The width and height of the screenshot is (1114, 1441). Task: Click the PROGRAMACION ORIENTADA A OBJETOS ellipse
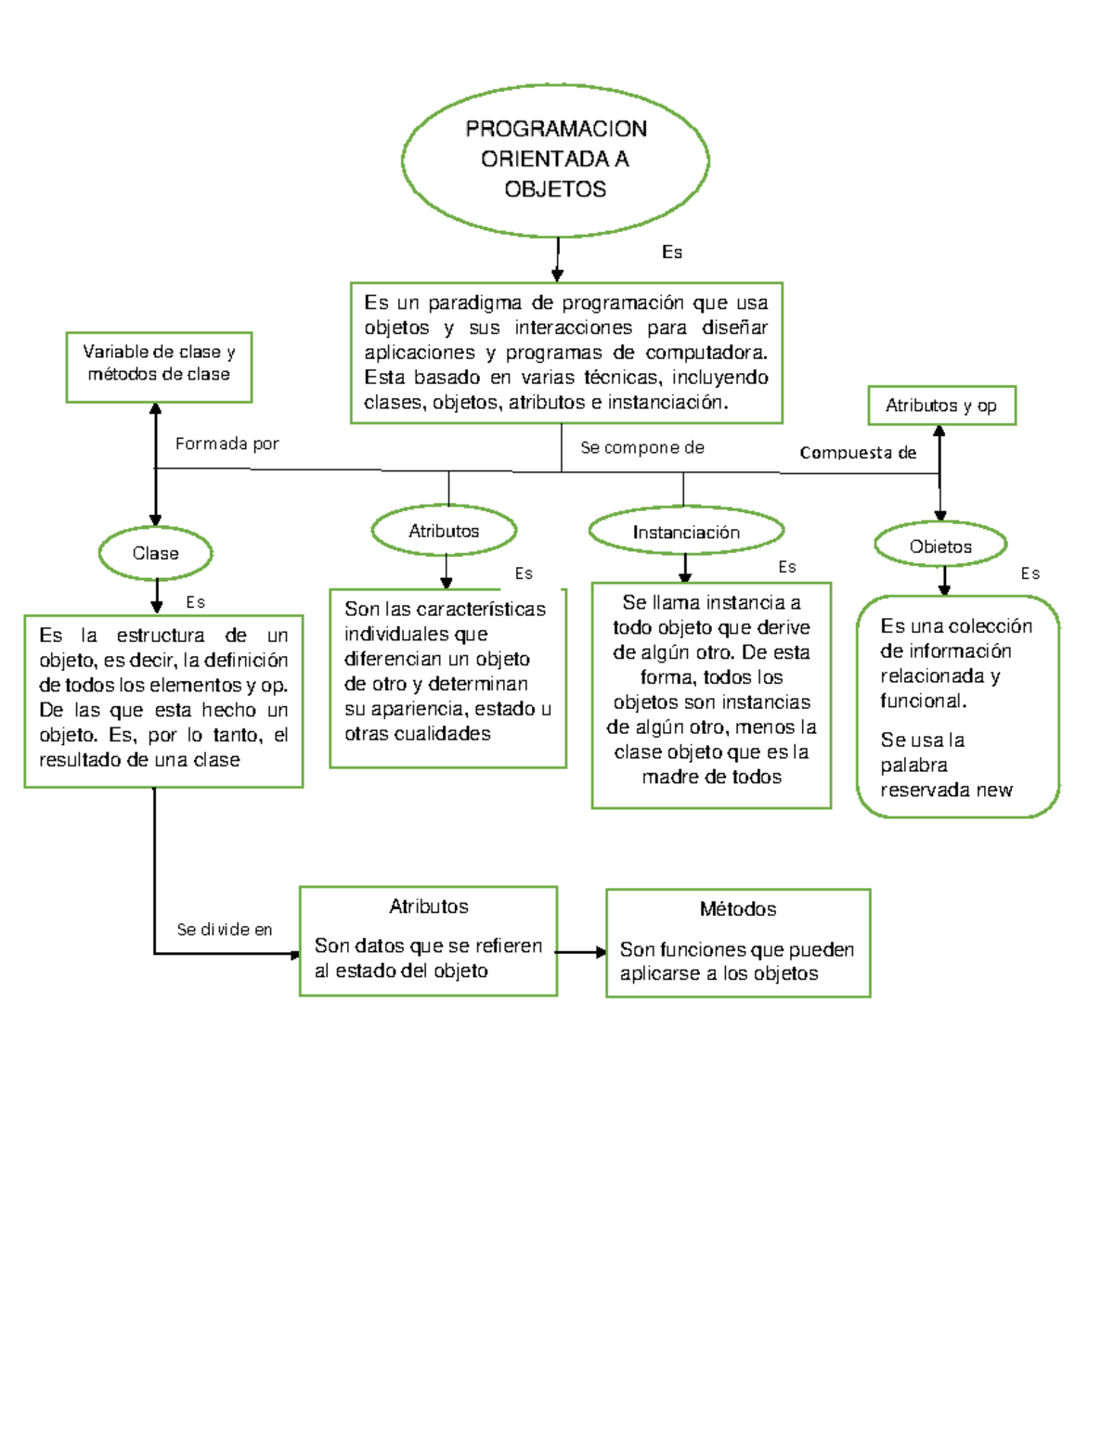coord(555,160)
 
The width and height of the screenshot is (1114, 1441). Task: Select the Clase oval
coord(155,554)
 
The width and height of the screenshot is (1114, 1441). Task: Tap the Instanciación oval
coord(686,532)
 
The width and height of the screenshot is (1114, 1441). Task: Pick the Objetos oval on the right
coord(940,547)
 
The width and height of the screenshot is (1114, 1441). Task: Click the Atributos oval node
coord(444,531)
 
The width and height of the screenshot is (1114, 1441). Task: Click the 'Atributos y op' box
coord(941,405)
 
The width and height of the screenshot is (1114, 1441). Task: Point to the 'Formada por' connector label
coord(227,444)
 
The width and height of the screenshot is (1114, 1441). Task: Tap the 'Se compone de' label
coord(641,447)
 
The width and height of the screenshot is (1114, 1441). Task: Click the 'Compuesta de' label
coord(858,453)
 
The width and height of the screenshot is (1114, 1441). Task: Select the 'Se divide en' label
coord(225,929)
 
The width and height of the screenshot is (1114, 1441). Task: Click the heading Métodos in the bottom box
coord(738,909)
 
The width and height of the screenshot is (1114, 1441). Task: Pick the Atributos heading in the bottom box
coord(428,907)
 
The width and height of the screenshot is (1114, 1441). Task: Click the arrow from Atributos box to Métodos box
coord(581,952)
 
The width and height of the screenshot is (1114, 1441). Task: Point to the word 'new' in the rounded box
coord(994,791)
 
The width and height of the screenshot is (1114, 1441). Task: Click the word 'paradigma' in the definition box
coord(474,303)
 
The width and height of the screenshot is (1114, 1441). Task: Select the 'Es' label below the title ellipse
coord(672,252)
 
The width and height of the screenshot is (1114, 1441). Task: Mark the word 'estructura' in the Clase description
coord(161,636)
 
